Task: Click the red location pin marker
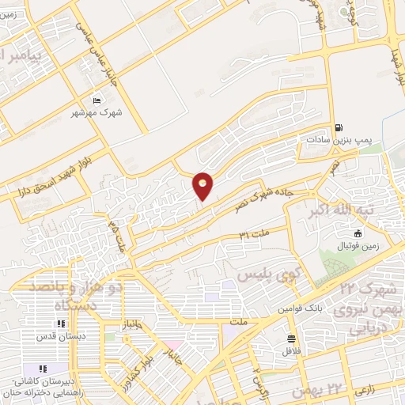point(203,185)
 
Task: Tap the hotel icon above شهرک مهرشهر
point(97,100)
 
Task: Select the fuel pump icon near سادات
point(339,127)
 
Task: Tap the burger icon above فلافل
point(291,339)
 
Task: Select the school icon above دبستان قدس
point(60,324)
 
